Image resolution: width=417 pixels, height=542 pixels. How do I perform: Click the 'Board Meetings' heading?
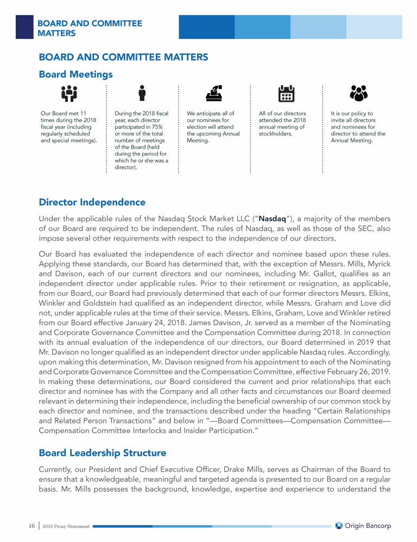tap(75, 74)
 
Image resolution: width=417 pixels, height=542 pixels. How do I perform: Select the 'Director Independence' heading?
tap(92, 202)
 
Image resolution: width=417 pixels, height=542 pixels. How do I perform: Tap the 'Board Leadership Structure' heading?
tap(102, 453)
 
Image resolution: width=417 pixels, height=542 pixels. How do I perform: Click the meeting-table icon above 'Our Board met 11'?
tap(69, 94)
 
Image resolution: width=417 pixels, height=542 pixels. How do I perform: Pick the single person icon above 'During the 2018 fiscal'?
tap(142, 93)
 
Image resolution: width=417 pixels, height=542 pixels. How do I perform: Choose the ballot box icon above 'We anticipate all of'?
tap(213, 94)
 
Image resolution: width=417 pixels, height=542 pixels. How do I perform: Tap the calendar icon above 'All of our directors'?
tap(286, 94)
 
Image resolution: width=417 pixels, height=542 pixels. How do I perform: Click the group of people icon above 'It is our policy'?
tap(357, 94)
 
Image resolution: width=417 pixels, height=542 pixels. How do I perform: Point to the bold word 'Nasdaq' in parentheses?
tap(273, 219)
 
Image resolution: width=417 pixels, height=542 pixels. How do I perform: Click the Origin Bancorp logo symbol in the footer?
tap(339, 526)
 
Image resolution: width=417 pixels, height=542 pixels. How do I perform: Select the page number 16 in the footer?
tap(31, 526)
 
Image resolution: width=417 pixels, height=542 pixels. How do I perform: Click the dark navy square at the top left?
tap(24, 27)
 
